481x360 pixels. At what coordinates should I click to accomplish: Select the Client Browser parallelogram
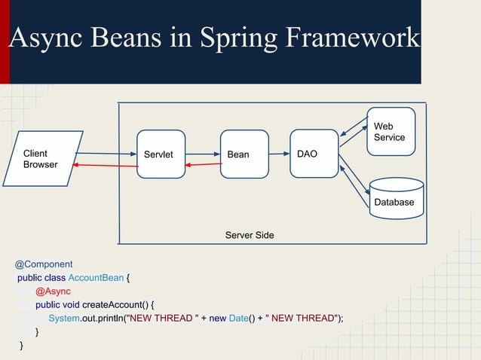tap(44, 159)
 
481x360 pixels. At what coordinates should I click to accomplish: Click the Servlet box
tap(161, 154)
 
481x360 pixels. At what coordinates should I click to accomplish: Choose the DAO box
tap(314, 154)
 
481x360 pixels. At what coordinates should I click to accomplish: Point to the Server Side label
tap(250, 236)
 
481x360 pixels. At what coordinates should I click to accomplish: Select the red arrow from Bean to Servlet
tap(203, 164)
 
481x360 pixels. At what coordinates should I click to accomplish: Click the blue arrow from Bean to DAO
tap(279, 154)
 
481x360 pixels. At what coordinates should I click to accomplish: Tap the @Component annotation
tap(44, 264)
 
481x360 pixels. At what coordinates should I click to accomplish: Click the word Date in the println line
tap(239, 318)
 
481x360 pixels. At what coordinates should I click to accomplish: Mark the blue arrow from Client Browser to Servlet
tap(106, 154)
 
